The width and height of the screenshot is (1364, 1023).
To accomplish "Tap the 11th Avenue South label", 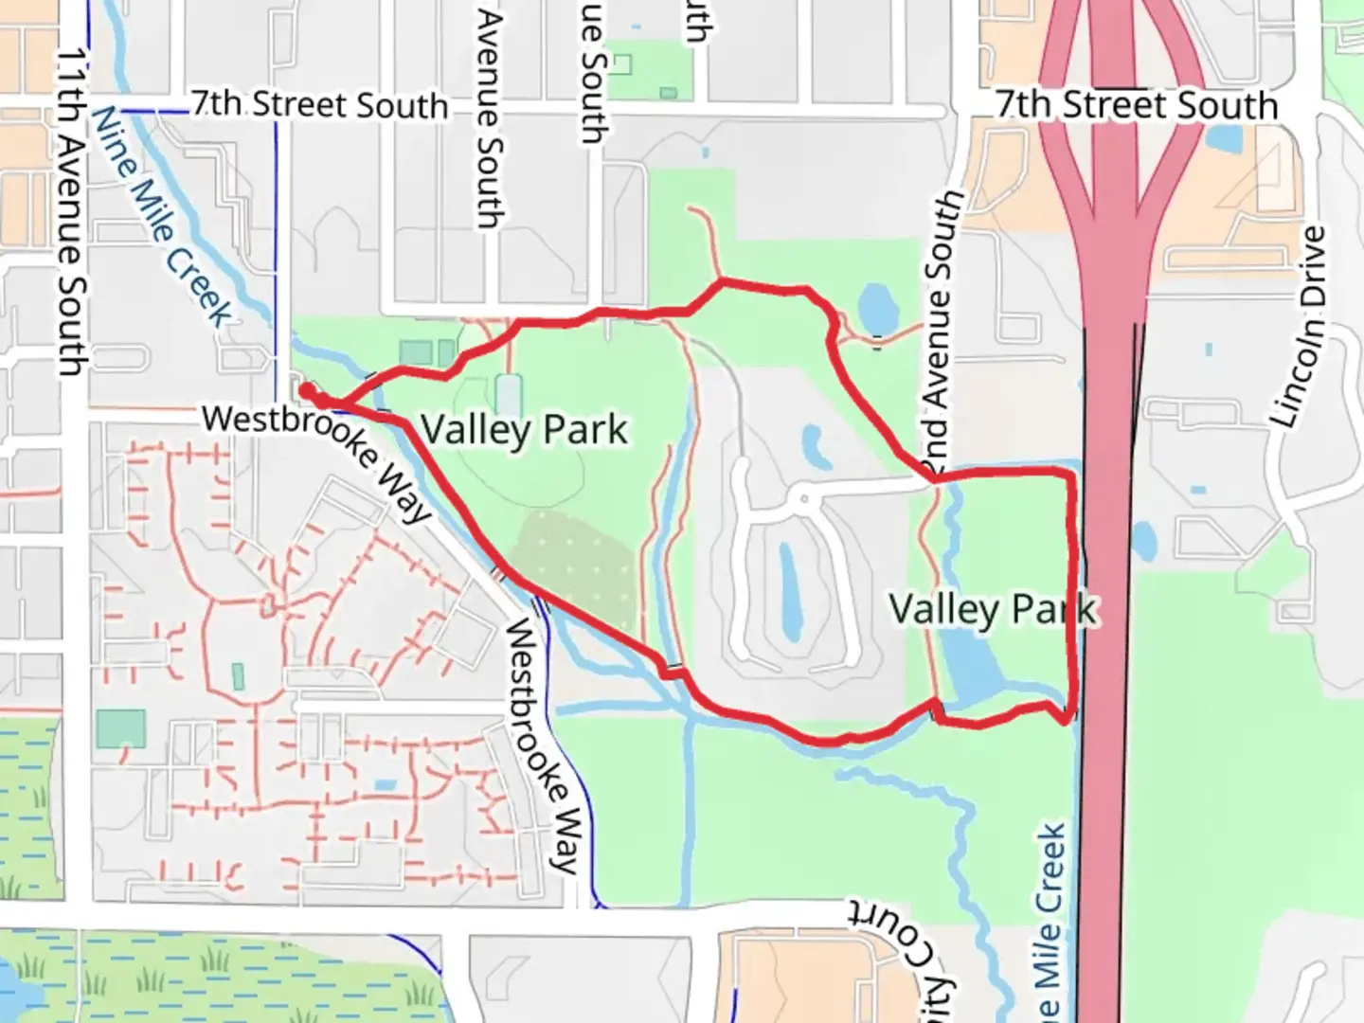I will pyautogui.click(x=70, y=213).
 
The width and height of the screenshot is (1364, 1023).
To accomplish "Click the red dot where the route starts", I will pyautogui.click(x=307, y=389).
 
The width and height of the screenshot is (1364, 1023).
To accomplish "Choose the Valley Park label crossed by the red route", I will pyautogui.click(x=993, y=609).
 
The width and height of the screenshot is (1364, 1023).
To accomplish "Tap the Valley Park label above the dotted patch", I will pyautogui.click(x=524, y=430).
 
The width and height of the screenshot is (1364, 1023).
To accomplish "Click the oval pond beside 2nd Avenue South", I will pyautogui.click(x=877, y=305).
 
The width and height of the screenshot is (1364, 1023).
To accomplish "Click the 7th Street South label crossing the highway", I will pyautogui.click(x=1137, y=104).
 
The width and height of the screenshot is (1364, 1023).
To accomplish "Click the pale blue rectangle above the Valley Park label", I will pyautogui.click(x=509, y=395).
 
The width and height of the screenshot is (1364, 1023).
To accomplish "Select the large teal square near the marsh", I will pyautogui.click(x=120, y=727).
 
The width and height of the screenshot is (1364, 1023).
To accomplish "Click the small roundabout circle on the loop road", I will pyautogui.click(x=803, y=495).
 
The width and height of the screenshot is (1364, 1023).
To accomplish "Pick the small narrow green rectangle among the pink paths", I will pyautogui.click(x=237, y=676).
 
